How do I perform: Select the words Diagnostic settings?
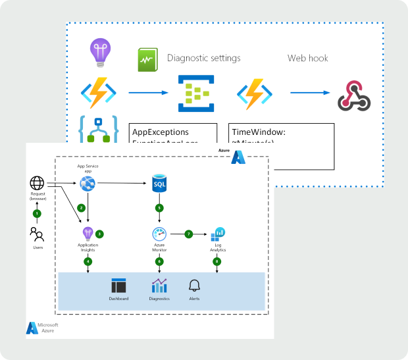(x=203, y=58)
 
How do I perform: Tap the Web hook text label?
(x=307, y=58)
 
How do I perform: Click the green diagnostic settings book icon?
(x=146, y=61)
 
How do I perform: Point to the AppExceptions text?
(x=161, y=131)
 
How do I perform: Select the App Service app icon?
(x=88, y=184)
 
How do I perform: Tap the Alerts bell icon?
(x=194, y=286)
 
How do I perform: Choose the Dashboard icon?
(x=119, y=286)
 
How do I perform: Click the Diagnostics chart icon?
(x=159, y=286)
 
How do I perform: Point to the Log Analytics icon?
(x=220, y=233)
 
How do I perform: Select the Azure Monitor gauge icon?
(x=159, y=234)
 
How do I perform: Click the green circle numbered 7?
(x=189, y=233)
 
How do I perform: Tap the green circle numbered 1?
(x=37, y=213)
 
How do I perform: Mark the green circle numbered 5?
(x=159, y=208)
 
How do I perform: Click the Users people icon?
(x=37, y=233)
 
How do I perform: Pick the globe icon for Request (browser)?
(x=37, y=184)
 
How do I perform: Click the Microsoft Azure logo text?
(x=47, y=327)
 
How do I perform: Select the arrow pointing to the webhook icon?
(x=306, y=93)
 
